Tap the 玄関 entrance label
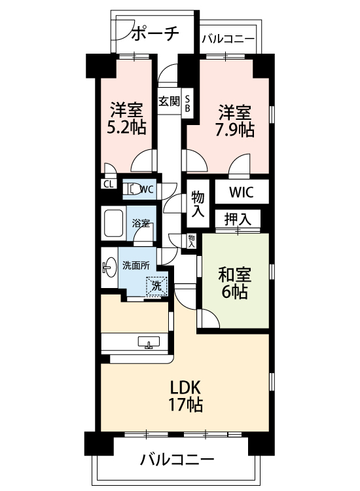point(168,101)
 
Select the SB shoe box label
point(188,102)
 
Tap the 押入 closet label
point(238,218)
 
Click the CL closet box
point(107,184)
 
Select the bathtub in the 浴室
point(114,223)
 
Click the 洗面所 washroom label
point(135,266)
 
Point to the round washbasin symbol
point(107,267)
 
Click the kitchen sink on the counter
point(149,342)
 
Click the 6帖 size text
point(234,293)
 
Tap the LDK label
point(185,386)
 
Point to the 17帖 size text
point(185,404)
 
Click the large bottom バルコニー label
point(177,459)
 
